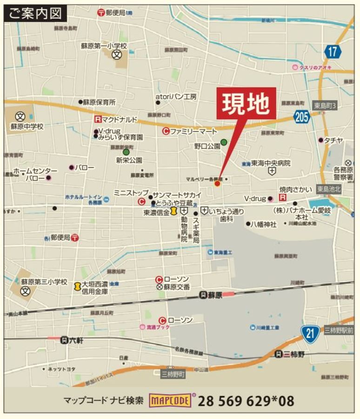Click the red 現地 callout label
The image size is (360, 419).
point(245,103)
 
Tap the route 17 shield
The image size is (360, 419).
point(332,51)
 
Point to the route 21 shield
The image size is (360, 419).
point(310,333)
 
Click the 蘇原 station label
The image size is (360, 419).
point(214,294)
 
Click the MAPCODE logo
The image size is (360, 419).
point(170,400)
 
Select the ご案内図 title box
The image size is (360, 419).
point(35,14)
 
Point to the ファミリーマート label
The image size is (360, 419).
point(193,131)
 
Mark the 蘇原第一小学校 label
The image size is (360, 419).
point(104,46)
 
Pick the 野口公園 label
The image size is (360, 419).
point(207,146)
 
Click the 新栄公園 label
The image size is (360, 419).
point(129,160)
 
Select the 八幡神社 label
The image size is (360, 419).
point(263,224)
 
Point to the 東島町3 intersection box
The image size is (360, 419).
point(324,106)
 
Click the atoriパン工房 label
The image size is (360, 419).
point(176,97)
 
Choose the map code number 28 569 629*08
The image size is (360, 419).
point(247,400)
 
